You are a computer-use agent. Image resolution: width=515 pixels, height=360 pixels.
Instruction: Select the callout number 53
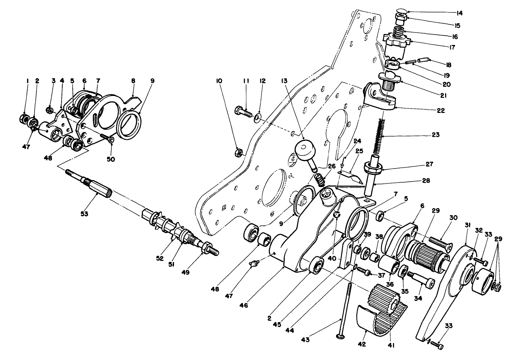click(x=85, y=213)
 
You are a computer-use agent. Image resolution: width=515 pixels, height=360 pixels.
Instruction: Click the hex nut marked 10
click(x=238, y=153)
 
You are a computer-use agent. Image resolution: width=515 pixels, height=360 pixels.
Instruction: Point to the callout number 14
click(x=459, y=13)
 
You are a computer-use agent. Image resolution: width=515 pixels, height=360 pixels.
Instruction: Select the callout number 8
click(x=133, y=81)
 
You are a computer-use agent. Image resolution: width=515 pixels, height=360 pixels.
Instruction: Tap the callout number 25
click(x=359, y=151)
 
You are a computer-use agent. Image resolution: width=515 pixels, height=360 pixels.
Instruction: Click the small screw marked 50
click(x=106, y=138)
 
